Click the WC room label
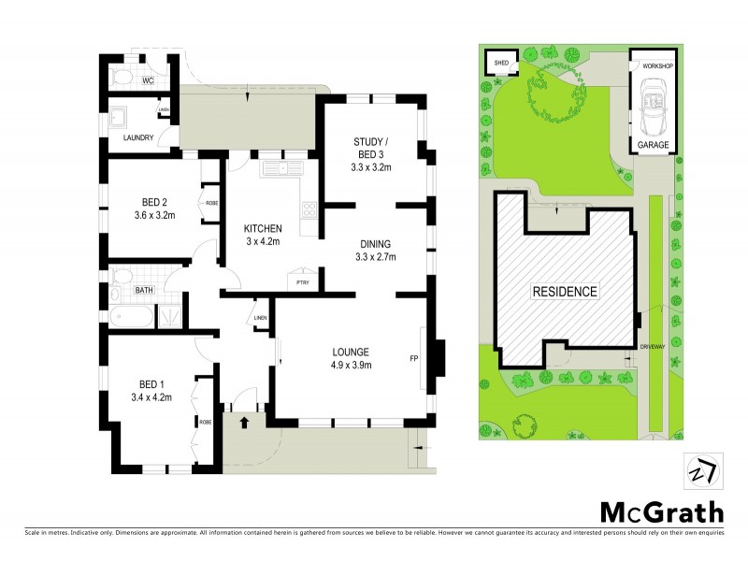pyautogui.click(x=147, y=81)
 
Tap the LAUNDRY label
pyautogui.click(x=138, y=138)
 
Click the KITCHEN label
pyautogui.click(x=263, y=229)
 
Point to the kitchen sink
pyautogui.click(x=280, y=168)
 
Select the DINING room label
pyautogui.click(x=372, y=245)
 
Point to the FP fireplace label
pyautogui.click(x=413, y=357)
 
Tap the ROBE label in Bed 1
pyautogui.click(x=204, y=422)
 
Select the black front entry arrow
pyautogui.click(x=246, y=423)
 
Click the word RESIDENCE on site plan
pyautogui.click(x=565, y=292)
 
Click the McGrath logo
pyautogui.click(x=661, y=511)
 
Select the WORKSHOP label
pyautogui.click(x=656, y=66)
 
